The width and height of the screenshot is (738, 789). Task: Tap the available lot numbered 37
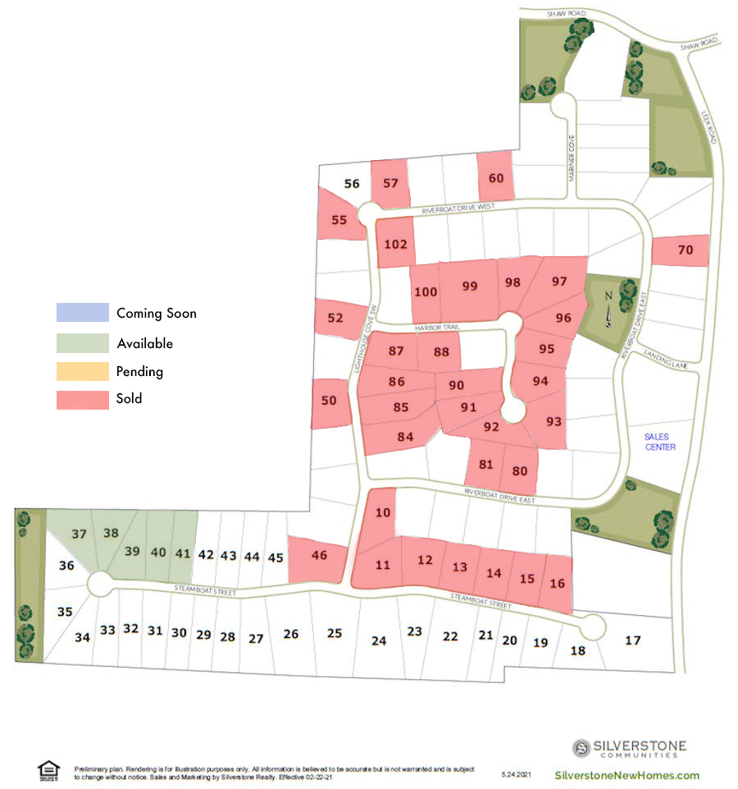[79, 534]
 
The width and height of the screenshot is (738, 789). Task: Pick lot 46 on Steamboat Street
[320, 556]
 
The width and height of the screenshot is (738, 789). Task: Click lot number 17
[632, 640]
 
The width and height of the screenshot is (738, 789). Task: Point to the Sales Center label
[660, 442]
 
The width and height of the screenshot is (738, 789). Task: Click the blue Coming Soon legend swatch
[82, 313]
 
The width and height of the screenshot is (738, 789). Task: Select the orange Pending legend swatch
[82, 371]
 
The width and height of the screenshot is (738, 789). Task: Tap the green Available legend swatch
[82, 343]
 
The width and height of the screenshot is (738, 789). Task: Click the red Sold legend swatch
[82, 399]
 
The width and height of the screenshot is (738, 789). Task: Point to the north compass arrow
[608, 312]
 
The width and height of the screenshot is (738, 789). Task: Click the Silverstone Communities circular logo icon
[582, 747]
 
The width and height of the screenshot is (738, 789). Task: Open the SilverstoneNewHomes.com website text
[627, 775]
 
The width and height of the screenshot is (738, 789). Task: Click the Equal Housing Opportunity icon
[48, 769]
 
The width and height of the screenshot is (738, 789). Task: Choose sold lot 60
[496, 178]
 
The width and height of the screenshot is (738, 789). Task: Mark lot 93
[554, 421]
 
